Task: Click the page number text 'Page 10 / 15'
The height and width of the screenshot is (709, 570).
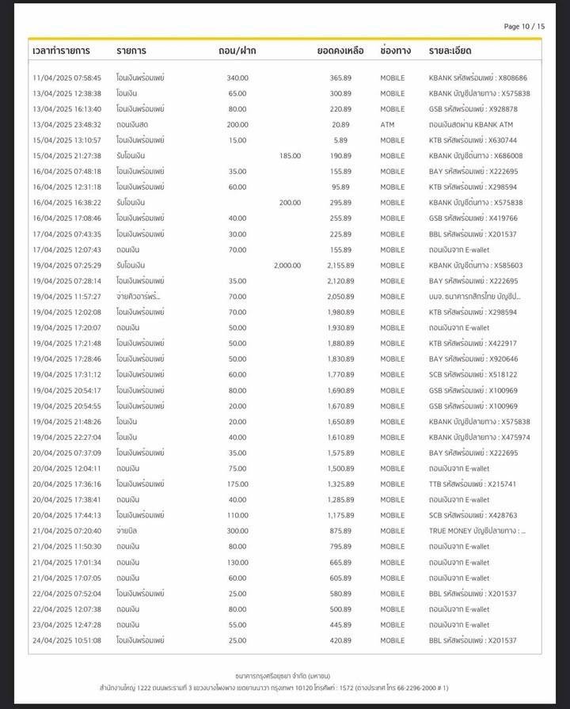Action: click(x=524, y=26)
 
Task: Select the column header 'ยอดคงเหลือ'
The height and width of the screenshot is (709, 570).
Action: click(x=340, y=51)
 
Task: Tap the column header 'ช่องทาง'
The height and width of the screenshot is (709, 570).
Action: click(x=395, y=51)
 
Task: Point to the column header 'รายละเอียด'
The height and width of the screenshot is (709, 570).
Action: click(x=450, y=51)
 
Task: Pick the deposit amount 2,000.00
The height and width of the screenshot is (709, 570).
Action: click(x=287, y=265)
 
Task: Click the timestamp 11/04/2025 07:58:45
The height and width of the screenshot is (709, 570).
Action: click(x=66, y=78)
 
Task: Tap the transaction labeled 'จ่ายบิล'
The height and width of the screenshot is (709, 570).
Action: click(x=128, y=531)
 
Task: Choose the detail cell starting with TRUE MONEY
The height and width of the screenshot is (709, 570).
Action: click(x=477, y=531)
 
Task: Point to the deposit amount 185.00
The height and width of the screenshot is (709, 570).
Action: click(x=290, y=156)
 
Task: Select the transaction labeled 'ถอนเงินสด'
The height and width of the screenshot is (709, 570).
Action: click(x=132, y=125)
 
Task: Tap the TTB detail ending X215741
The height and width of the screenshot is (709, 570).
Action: click(x=473, y=484)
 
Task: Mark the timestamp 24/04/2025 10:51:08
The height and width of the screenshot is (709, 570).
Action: click(x=66, y=640)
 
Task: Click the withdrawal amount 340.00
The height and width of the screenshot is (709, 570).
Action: click(x=237, y=78)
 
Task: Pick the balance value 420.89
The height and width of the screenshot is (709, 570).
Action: click(x=341, y=640)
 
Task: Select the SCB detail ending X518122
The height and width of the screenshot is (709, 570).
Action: click(x=473, y=374)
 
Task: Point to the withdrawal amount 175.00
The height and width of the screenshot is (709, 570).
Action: click(x=237, y=484)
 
